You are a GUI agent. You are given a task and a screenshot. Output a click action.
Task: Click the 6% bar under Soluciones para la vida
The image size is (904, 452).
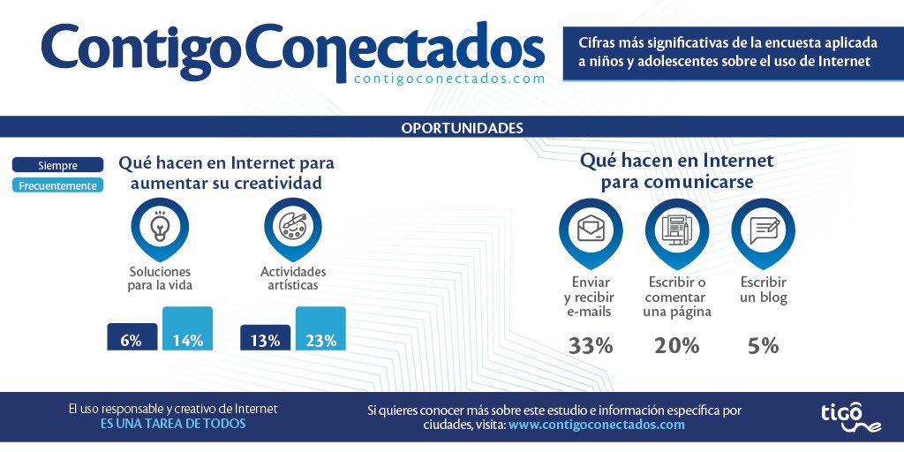click(x=132, y=336)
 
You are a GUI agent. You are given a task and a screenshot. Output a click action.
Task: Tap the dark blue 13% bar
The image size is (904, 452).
click(x=265, y=336)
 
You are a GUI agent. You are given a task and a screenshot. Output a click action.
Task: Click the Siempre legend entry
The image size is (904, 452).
click(x=57, y=165)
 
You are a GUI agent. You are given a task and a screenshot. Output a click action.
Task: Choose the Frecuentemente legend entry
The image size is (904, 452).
click(x=57, y=185)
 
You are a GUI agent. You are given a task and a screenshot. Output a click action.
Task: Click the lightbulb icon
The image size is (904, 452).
click(x=159, y=227)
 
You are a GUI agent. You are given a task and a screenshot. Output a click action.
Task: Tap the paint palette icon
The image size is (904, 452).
click(x=292, y=227)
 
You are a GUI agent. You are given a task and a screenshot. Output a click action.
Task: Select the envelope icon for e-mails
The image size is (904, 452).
click(x=590, y=230)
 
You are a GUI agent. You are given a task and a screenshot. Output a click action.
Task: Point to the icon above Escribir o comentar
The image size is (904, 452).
click(x=676, y=230)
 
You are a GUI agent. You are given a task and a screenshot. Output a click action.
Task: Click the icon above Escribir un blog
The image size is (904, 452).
click(x=763, y=230)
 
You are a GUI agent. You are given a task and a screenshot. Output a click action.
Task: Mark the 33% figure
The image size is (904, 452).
click(x=590, y=345)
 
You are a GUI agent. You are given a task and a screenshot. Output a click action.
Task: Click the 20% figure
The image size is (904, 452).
click(x=676, y=345)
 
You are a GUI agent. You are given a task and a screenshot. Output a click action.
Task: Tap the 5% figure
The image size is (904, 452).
click(x=763, y=345)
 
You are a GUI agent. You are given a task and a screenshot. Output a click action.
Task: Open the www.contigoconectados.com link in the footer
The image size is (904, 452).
click(x=596, y=425)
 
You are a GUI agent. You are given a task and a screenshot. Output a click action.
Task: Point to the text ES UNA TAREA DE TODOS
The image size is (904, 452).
click(x=173, y=424)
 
